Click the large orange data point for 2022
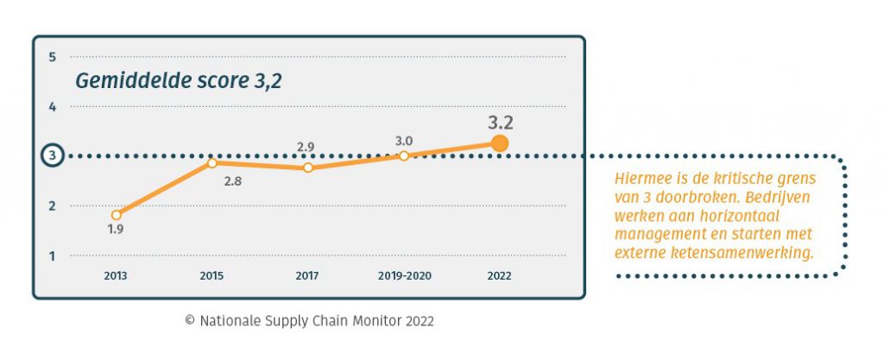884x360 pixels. [499, 143]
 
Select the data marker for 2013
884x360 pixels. [117, 214]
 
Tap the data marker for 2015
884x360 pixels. [212, 162]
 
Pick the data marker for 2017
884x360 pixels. [308, 167]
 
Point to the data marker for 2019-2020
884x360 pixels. [403, 155]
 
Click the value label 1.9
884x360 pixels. [115, 230]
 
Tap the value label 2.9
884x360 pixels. [306, 148]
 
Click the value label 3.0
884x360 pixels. [403, 140]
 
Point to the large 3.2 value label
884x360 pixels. [500, 122]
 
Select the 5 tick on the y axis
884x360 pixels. [53, 57]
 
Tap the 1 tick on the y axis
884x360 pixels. [53, 256]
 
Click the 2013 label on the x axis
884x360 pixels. [117, 276]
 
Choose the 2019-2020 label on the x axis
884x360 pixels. [404, 276]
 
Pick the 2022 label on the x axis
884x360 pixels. [499, 276]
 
